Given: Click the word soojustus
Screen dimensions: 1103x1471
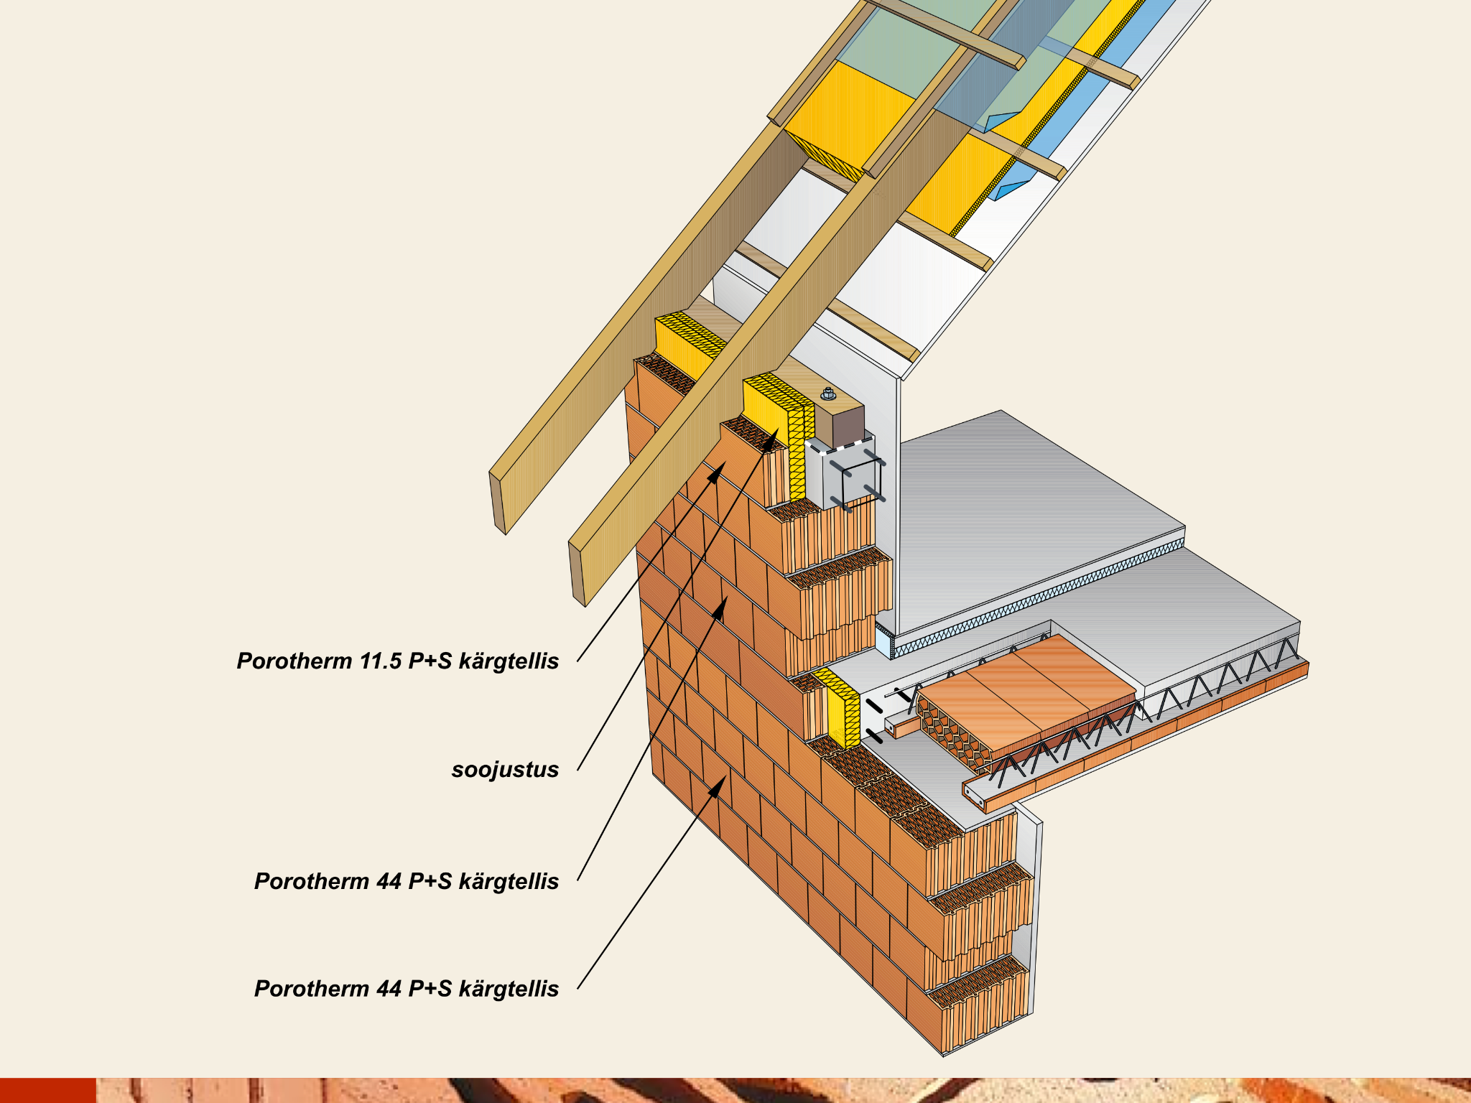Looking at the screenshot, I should click(x=505, y=770).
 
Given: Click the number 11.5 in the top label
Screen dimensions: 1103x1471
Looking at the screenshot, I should click(x=381, y=661).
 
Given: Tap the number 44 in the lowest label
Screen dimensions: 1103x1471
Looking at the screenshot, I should click(x=389, y=989).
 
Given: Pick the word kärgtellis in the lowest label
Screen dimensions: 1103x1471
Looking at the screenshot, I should click(x=509, y=989).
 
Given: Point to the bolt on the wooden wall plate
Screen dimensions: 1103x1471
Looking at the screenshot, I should click(x=827, y=394).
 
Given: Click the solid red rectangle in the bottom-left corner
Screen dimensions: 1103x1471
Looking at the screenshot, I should click(x=47, y=1090).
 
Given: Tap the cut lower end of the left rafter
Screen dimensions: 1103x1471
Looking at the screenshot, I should click(x=498, y=503).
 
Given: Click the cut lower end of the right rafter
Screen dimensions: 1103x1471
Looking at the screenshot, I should click(x=577, y=574).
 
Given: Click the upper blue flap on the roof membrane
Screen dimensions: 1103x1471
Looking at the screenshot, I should click(x=1004, y=121).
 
